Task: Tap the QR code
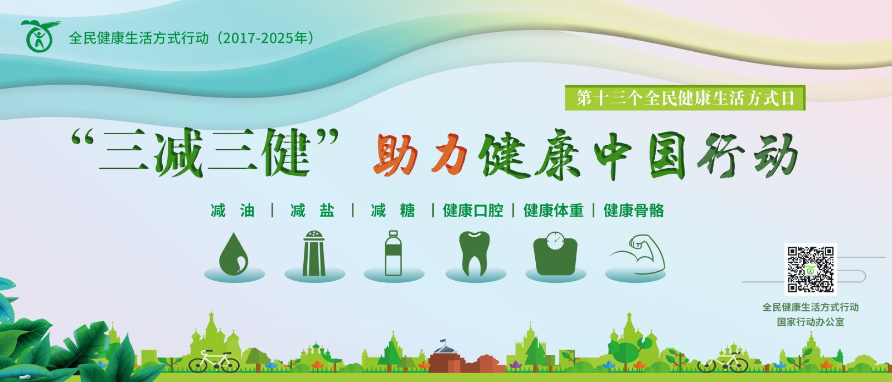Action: click(x=811, y=270)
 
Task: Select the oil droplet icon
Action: click(x=234, y=254)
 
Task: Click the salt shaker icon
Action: click(x=314, y=253)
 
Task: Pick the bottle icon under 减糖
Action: click(x=393, y=253)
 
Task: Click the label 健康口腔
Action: click(x=473, y=210)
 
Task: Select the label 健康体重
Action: click(x=554, y=210)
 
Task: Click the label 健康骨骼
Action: click(x=633, y=210)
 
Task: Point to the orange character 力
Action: click(x=449, y=154)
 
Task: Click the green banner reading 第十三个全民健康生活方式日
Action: click(x=685, y=98)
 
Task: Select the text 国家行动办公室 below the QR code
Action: click(x=811, y=322)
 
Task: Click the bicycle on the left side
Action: click(x=214, y=361)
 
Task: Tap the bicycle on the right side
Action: click(x=723, y=362)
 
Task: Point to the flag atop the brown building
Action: click(x=443, y=342)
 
